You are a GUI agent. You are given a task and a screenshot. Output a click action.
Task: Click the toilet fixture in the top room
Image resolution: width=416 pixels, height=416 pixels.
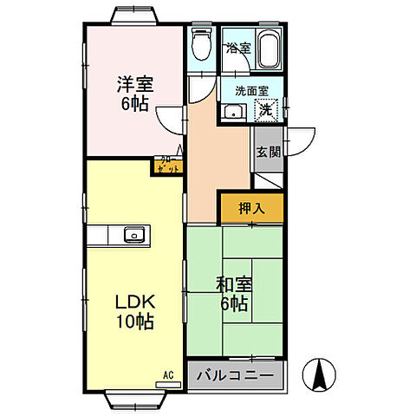click(201, 40)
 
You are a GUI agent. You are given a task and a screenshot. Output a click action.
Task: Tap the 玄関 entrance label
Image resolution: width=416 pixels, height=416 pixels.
click(268, 151)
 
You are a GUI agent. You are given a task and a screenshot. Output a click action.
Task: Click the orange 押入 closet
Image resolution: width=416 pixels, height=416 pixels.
click(250, 209)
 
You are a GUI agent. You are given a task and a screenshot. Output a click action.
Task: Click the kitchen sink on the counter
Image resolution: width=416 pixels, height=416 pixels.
click(134, 234)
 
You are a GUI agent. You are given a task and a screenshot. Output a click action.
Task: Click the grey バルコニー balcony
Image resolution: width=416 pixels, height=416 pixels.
click(235, 377)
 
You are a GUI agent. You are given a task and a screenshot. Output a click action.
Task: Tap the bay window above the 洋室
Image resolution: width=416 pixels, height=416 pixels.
click(134, 17)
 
